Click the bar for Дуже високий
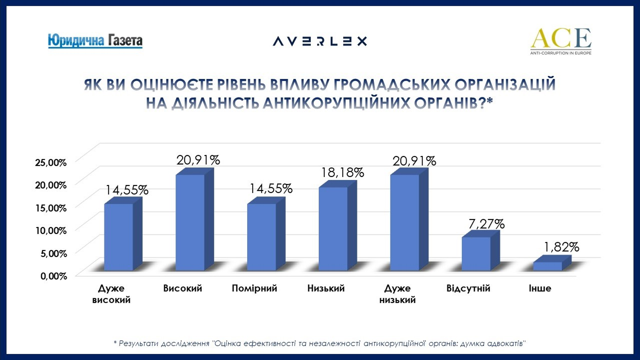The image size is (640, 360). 119,236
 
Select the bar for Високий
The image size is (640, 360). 190,222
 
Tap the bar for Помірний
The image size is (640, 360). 262,236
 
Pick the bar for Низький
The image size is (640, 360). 333,228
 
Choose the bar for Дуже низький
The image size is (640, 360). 405,222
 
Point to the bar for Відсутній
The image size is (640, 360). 476,253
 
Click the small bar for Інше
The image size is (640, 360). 547,266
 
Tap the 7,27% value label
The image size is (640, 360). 483,224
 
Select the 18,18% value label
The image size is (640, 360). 342,173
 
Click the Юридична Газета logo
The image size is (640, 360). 95,40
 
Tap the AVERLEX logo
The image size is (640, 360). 320,41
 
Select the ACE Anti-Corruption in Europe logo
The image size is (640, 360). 560,41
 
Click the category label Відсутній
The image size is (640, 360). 468,288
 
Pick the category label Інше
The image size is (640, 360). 540,288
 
